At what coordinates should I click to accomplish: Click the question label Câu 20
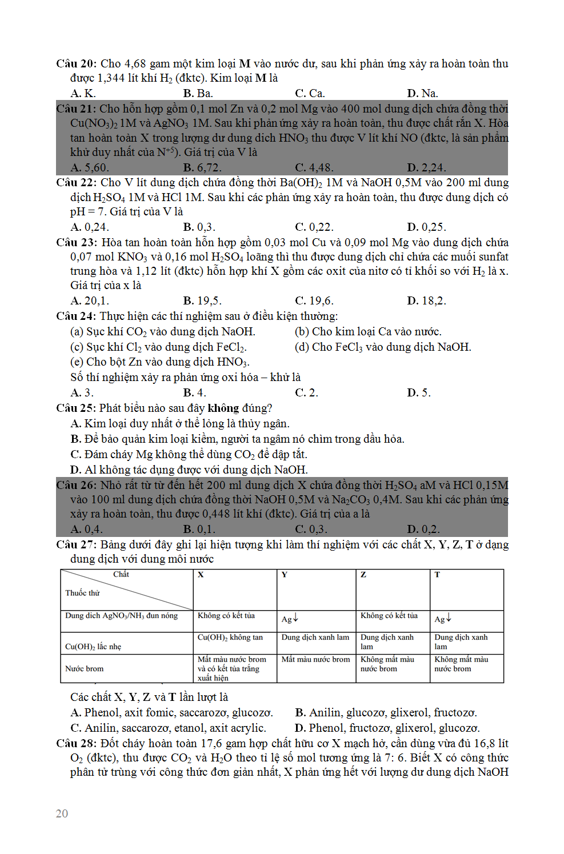76,64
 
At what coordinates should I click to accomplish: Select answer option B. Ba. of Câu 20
198,93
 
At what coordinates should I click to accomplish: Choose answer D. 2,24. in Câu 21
426,167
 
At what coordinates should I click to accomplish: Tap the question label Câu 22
76,183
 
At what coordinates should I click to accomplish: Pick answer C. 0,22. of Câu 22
314,227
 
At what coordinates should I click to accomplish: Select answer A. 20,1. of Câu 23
89,300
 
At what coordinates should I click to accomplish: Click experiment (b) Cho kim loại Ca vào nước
367,331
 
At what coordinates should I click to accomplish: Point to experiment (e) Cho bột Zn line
159,362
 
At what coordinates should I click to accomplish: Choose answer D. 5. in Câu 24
418,392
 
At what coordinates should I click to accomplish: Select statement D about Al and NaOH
189,470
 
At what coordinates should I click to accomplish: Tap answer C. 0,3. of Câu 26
311,529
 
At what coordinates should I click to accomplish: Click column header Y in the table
284,575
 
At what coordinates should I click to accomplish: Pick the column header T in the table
437,575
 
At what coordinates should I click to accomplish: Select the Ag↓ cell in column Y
290,619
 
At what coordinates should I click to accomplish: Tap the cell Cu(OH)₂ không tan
230,638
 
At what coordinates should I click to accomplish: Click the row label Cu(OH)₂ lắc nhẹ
93,647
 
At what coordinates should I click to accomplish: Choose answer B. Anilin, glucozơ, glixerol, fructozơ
386,712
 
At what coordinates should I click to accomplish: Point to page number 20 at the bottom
62,813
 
